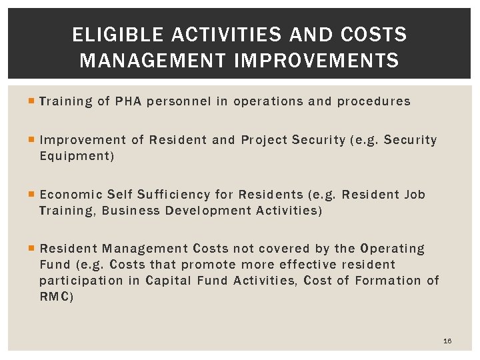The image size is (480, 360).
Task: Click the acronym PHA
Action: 128,101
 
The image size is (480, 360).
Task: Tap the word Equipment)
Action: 77,156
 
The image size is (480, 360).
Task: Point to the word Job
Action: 415,195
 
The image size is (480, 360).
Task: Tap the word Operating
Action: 392,249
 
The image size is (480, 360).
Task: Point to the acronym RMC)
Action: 57,297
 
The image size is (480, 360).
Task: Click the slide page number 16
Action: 447,341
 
